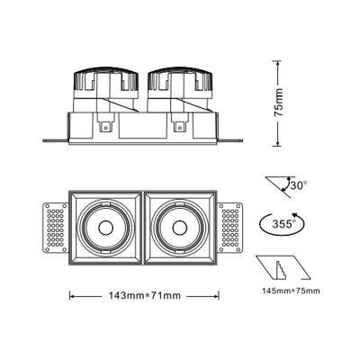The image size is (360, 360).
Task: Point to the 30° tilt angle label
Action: coord(296,185)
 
